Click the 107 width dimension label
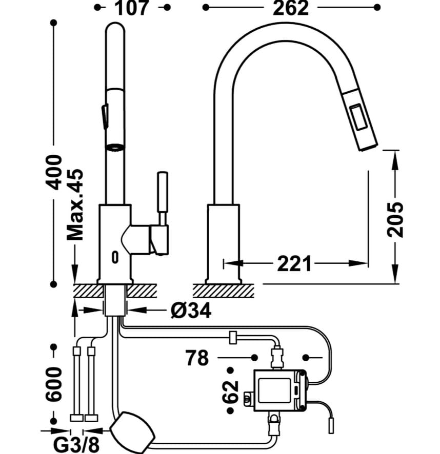point(132,8)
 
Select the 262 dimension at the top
point(291,8)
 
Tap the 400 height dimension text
point(54,173)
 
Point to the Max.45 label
point(75,204)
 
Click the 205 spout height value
point(395,220)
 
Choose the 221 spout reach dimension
point(294,263)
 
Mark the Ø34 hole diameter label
point(191,311)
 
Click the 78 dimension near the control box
point(197,358)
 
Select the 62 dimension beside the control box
point(230,391)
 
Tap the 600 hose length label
point(54,384)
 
